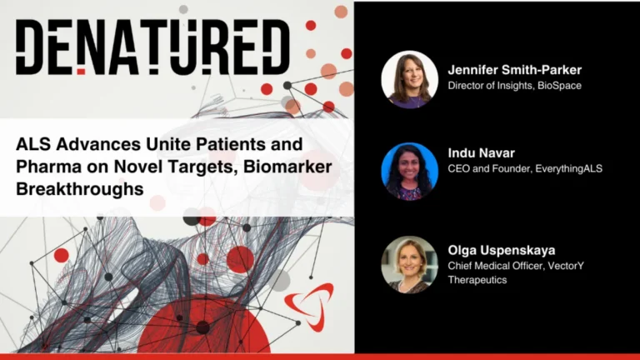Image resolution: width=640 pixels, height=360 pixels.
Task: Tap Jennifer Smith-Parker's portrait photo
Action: coord(409,79)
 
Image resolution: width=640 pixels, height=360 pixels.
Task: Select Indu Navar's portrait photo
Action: coord(409,172)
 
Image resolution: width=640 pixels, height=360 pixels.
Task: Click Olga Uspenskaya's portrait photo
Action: coord(409,264)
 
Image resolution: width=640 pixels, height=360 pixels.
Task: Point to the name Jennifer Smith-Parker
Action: coord(514,70)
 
